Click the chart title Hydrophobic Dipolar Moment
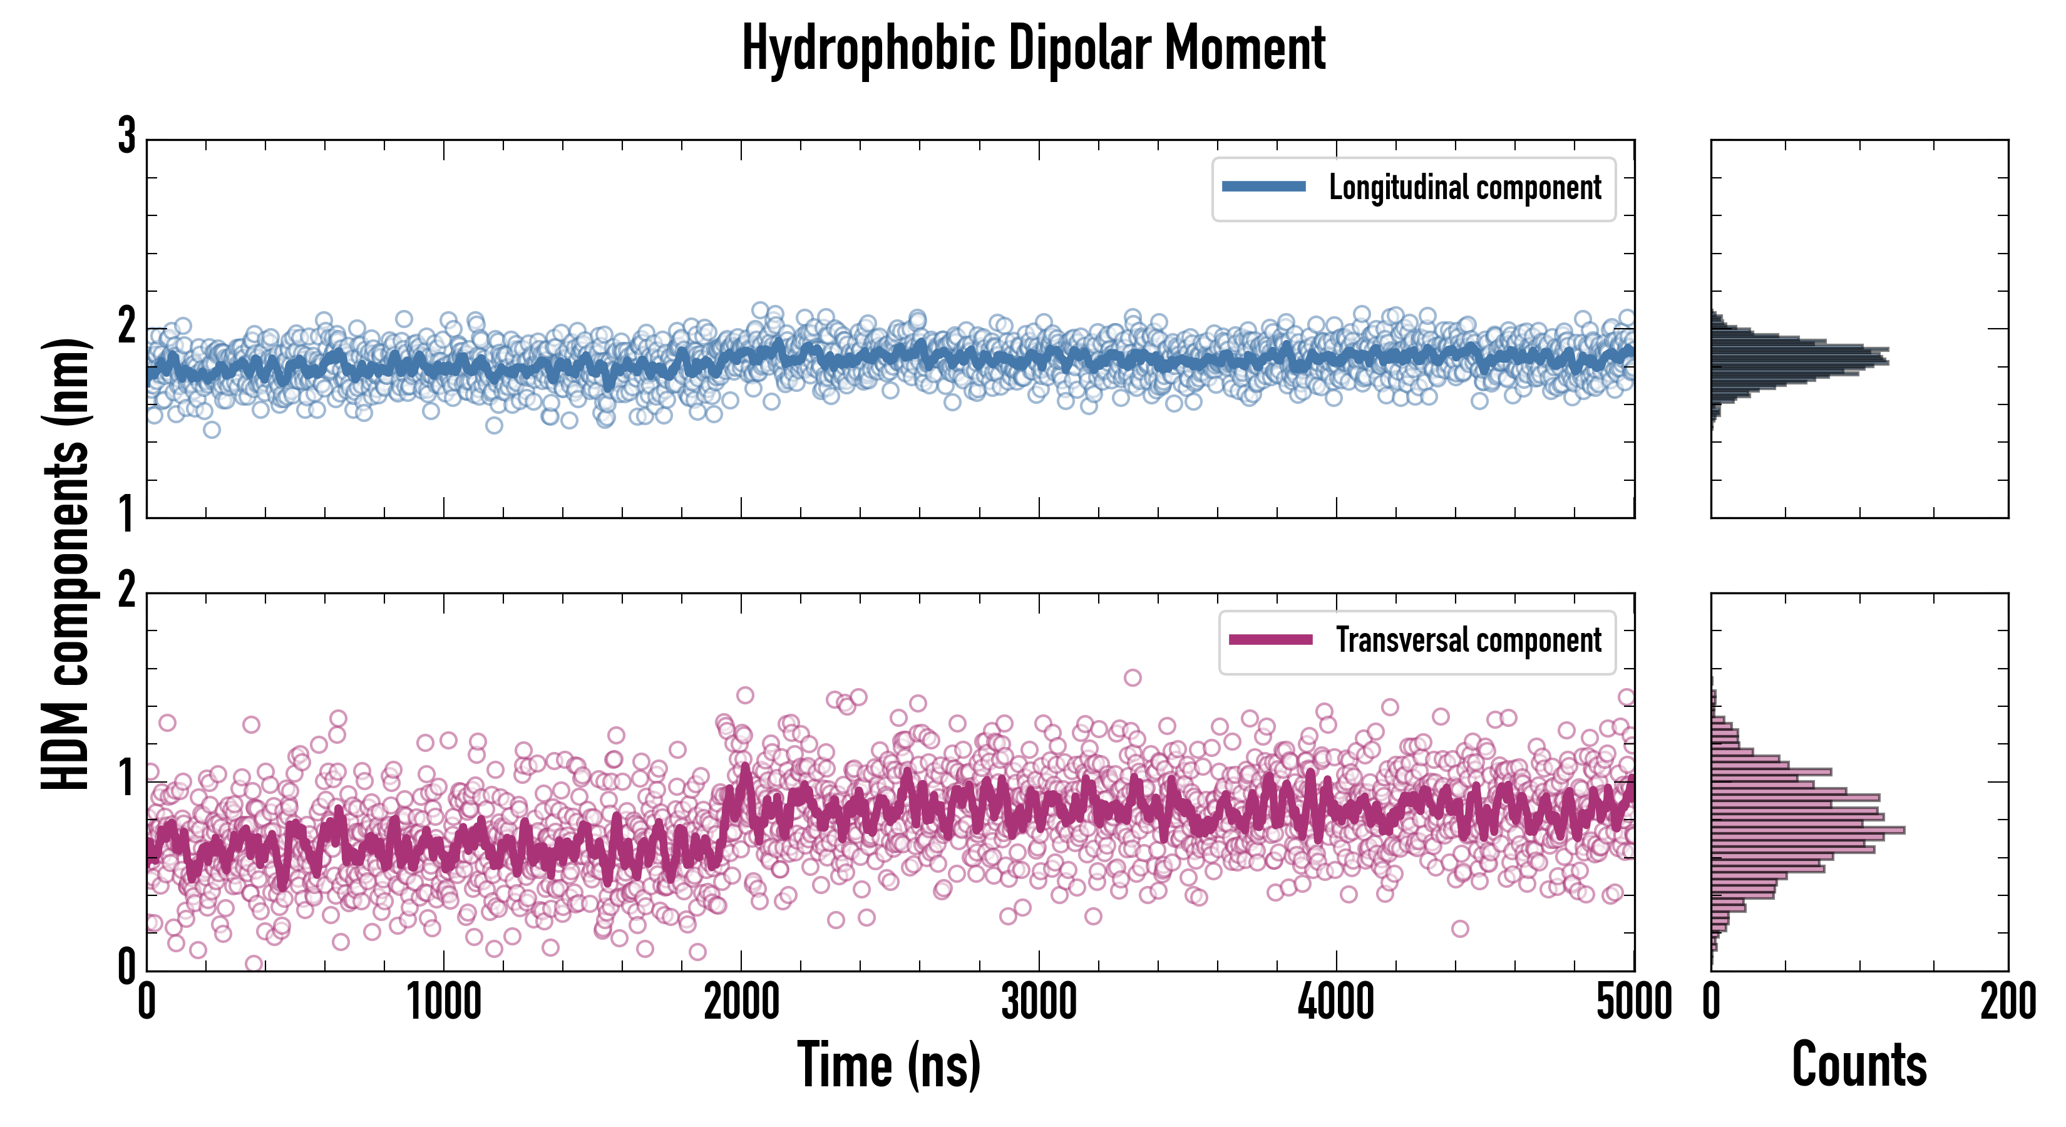(1033, 48)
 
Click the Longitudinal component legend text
(1464, 188)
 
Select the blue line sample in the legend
(1264, 187)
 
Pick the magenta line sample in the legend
(1270, 639)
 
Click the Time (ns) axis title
(888, 1064)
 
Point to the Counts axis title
(1859, 1064)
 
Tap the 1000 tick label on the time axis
(443, 1002)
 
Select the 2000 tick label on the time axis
(741, 1002)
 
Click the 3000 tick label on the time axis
(1039, 1002)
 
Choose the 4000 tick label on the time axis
(1336, 1002)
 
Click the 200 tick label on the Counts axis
(2007, 1002)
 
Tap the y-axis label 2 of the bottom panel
(126, 591)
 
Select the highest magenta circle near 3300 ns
(1133, 678)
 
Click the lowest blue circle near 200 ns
(212, 430)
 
